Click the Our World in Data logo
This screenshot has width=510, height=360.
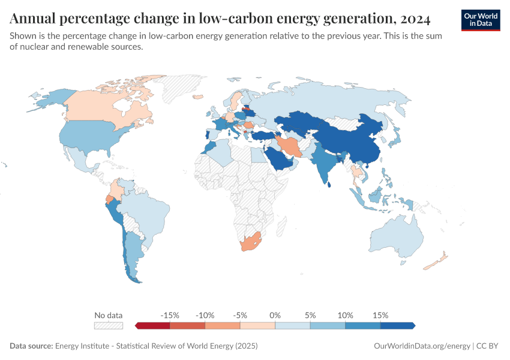481,20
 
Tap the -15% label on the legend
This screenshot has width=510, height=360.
170,315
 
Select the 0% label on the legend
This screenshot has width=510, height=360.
275,315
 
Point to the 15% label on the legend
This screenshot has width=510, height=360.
380,315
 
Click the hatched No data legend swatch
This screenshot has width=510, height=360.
109,325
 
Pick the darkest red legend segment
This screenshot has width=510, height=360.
153,325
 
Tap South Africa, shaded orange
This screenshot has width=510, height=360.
250,244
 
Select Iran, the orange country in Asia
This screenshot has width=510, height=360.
290,146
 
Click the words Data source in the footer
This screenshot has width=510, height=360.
31,346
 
